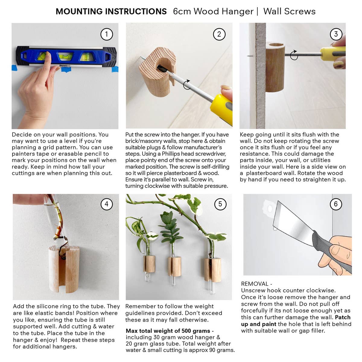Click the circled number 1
point(106,34)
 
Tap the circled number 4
point(106,204)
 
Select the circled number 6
point(336,204)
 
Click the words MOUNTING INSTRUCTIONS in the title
point(111,11)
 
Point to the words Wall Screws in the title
point(289,11)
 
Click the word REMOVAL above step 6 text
point(255,284)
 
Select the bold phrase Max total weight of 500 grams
point(170,331)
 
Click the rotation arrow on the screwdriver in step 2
point(187,84)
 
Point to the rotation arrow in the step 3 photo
point(294,55)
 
